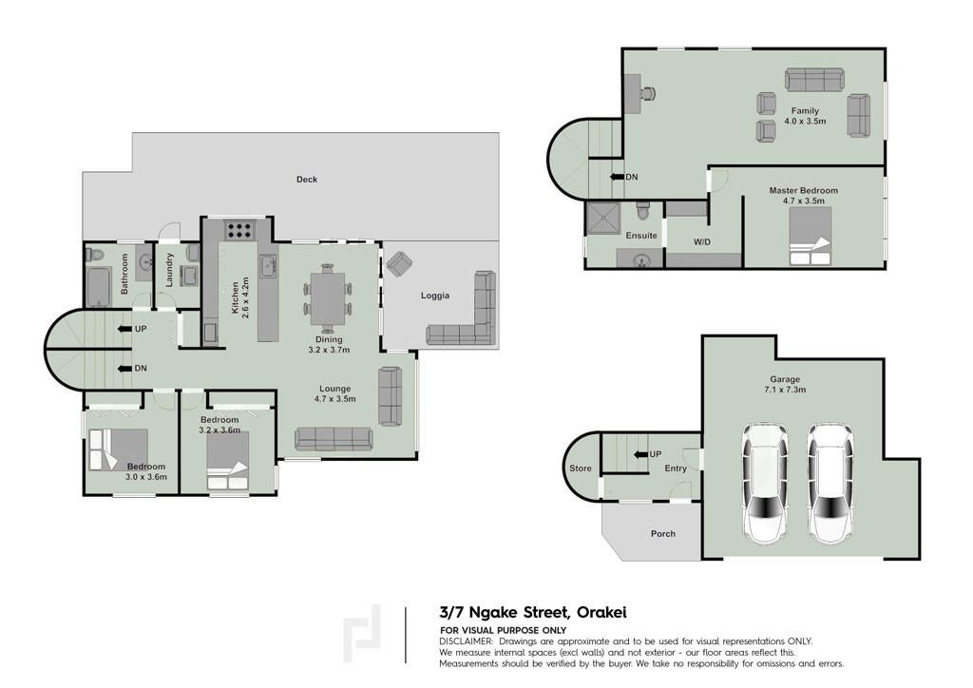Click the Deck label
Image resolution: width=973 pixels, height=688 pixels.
tap(307, 180)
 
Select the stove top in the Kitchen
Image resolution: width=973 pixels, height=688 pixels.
tap(238, 230)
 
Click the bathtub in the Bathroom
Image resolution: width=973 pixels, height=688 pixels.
tap(99, 287)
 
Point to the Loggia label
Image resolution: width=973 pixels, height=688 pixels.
tap(435, 296)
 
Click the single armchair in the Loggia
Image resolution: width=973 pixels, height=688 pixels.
tap(398, 263)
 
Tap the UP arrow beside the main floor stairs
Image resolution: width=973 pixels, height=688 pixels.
tap(125, 329)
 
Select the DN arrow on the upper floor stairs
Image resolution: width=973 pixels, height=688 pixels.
tap(617, 178)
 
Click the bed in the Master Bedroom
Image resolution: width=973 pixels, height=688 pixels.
tap(810, 237)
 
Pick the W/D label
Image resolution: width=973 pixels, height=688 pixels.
tap(702, 242)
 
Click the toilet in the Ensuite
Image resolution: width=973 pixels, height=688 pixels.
tap(643, 211)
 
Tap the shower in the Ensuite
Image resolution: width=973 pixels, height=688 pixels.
tap(602, 218)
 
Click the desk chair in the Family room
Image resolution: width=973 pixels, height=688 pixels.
tap(648, 94)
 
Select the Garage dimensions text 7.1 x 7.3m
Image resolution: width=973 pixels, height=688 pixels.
tap(785, 390)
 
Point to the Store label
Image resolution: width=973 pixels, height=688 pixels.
tap(581, 468)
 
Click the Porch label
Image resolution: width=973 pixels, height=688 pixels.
tap(662, 533)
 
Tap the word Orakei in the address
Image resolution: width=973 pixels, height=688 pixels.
tap(601, 612)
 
